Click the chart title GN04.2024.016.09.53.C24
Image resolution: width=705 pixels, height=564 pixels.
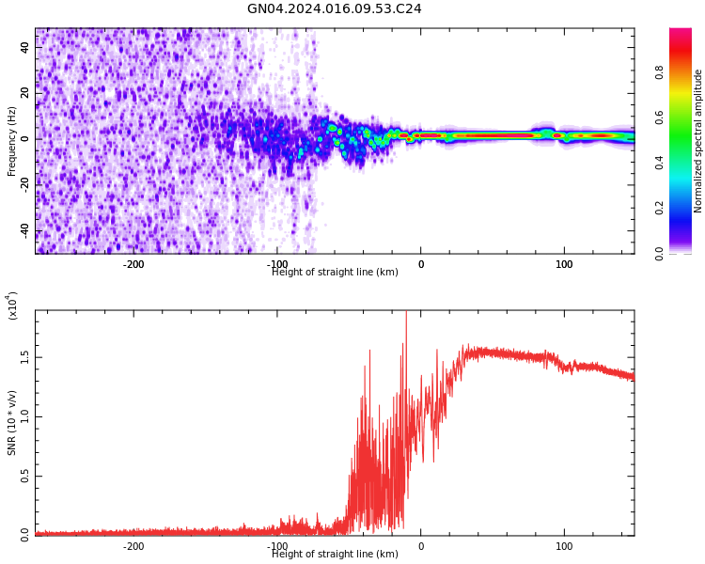[335, 9]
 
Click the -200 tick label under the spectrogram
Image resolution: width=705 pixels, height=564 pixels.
[133, 264]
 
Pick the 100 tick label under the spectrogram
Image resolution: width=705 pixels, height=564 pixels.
[564, 264]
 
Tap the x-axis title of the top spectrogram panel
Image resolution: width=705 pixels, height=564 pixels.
[335, 273]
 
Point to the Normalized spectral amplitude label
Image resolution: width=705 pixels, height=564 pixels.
[698, 141]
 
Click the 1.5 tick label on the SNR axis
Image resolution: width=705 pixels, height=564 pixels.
[24, 358]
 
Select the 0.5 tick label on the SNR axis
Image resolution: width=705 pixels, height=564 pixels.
[24, 476]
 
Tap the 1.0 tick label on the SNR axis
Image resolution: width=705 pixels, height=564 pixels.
[24, 416]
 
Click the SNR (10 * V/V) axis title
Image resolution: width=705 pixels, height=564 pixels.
[12, 423]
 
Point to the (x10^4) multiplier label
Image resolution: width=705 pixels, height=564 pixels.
[12, 305]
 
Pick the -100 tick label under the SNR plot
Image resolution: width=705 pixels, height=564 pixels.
[277, 546]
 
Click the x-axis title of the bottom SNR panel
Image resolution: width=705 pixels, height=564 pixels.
[335, 555]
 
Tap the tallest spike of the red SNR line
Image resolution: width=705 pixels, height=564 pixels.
[406, 314]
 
